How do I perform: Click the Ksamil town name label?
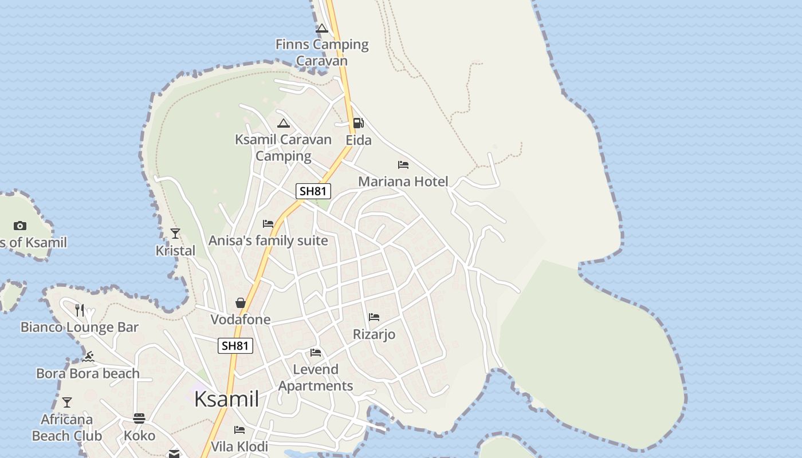(226, 399)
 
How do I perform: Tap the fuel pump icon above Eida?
(358, 123)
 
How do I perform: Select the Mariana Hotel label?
(403, 181)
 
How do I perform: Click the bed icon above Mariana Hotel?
(403, 165)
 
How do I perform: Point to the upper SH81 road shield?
(313, 191)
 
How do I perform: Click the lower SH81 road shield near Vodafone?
(235, 345)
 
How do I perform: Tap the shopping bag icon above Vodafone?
(241, 302)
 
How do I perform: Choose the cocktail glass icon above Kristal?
(175, 234)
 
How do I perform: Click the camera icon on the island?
(20, 226)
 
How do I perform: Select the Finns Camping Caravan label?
(322, 52)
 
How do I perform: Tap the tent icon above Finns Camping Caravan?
(322, 28)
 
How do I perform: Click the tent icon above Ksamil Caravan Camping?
(284, 123)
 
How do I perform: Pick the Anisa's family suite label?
(268, 240)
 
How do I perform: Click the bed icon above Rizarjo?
(374, 317)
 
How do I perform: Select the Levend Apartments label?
(316, 377)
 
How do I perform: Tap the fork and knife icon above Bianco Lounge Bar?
(80, 310)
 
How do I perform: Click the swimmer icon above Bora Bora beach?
(88, 357)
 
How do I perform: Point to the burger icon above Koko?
(139, 418)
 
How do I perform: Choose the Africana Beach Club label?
(67, 427)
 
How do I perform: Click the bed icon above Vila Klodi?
(239, 430)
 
